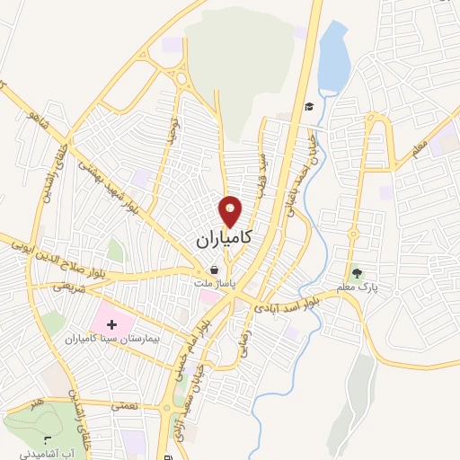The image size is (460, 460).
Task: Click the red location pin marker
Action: [x=230, y=212]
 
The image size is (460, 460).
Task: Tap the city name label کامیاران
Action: [x=223, y=241]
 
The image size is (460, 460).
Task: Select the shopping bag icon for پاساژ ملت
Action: [x=214, y=269]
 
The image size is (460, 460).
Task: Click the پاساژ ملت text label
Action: [x=214, y=281]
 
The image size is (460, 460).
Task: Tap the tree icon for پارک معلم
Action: [x=358, y=272]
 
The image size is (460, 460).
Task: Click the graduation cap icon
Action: [x=308, y=107]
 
